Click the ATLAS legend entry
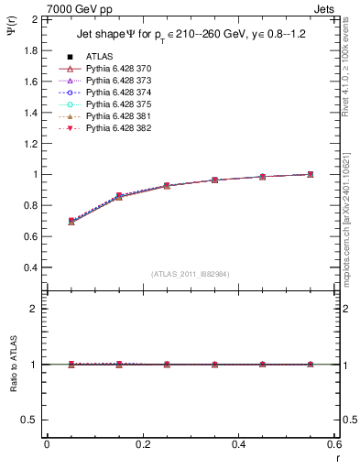(98, 57)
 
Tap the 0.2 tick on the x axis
(142, 444)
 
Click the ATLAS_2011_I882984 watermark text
(190, 274)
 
